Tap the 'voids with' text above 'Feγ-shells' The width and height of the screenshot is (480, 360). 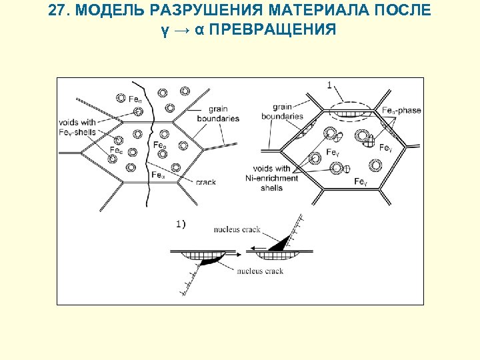pyautogui.click(x=77, y=122)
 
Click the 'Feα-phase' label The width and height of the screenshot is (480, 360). pyautogui.click(x=401, y=110)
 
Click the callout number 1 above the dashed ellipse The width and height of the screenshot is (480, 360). pyautogui.click(x=330, y=84)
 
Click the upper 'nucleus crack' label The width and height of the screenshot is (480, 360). pyautogui.click(x=237, y=230)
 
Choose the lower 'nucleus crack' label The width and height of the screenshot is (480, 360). pyautogui.click(x=260, y=271)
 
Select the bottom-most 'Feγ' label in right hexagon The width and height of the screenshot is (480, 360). pyautogui.click(x=361, y=181)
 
